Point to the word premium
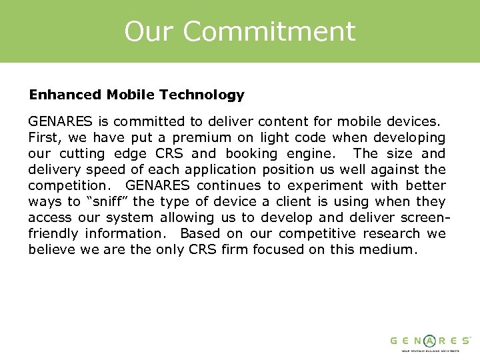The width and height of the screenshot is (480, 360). coord(198,137)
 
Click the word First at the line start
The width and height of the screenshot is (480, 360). coord(43,137)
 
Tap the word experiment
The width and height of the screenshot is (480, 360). coord(323,185)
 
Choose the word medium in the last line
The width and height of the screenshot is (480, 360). coord(391,249)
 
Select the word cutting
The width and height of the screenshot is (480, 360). coord(75,153)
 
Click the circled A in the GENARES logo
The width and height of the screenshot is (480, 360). coord(430,340)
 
